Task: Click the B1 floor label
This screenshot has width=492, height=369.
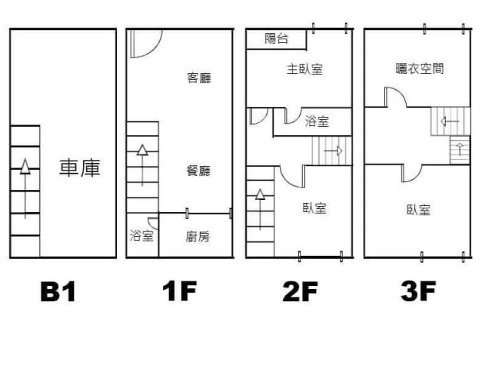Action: pos(58,292)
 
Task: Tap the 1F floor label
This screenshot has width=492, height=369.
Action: pos(179,292)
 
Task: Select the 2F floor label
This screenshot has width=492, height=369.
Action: pos(301,292)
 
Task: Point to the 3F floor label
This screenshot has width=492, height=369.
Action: pos(419,292)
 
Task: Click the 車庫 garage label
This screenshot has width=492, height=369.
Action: pos(81,168)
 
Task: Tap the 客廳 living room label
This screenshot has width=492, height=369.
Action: pos(199,78)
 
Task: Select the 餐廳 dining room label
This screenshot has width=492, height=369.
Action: pos(198,171)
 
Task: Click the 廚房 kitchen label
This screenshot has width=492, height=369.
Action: pos(198,237)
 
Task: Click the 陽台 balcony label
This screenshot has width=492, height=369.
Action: pos(276,38)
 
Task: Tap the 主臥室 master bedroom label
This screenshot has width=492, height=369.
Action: pos(304,69)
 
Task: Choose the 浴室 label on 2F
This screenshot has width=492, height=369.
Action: pos(317,121)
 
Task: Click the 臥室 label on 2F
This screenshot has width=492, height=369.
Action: pos(314,208)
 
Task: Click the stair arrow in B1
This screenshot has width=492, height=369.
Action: pos(25,188)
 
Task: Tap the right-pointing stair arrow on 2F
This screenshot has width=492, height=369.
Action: pos(333,151)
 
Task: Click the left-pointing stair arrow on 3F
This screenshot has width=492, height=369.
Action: pos(447,121)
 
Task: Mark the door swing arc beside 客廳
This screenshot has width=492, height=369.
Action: pos(146,44)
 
